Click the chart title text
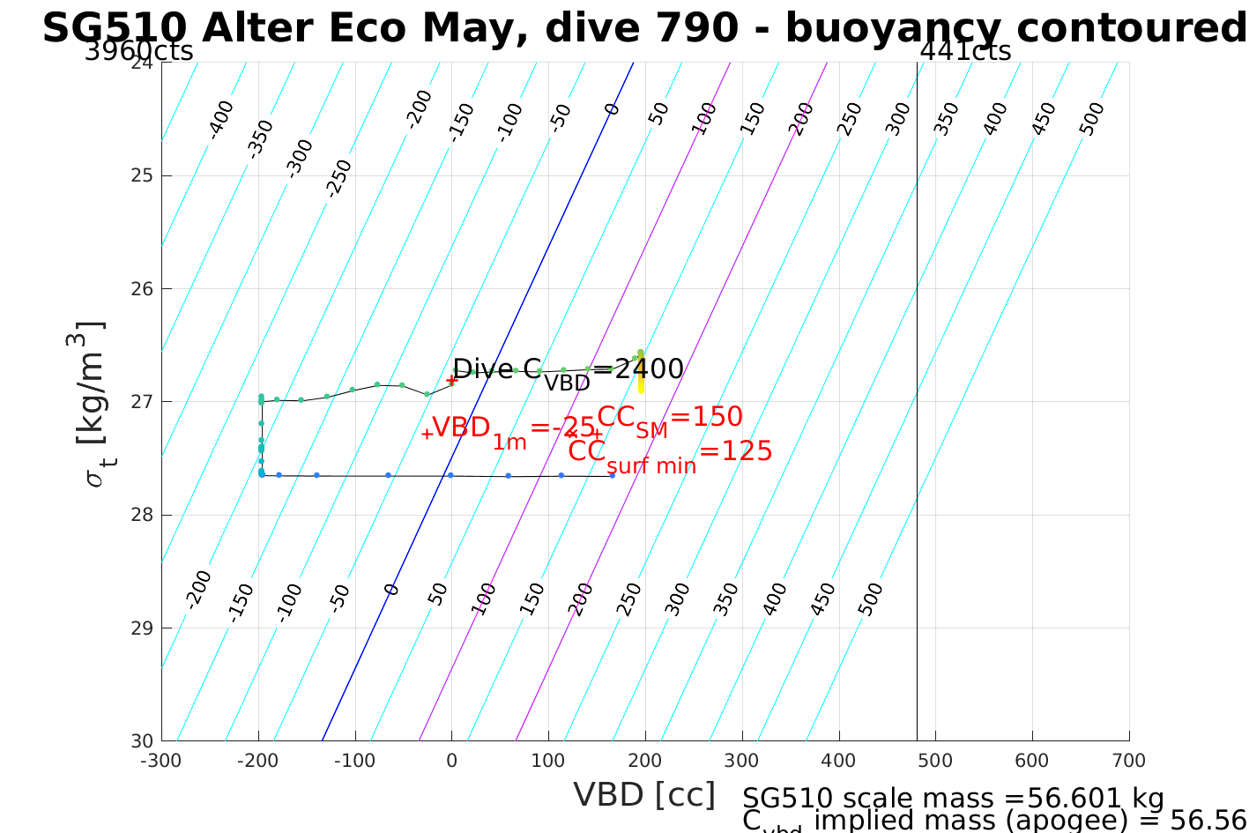point(643,28)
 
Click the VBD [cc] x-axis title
point(644,795)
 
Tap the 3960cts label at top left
point(138,51)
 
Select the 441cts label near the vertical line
point(965,51)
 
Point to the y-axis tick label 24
point(141,63)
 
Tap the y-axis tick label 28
point(141,515)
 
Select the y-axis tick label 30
point(141,741)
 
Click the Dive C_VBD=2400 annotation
point(568,370)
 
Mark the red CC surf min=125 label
point(670,453)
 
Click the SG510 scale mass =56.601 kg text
point(953,799)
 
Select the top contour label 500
point(1091,119)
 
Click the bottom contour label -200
point(199,589)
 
